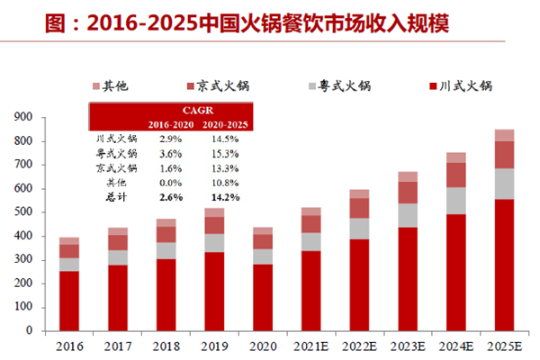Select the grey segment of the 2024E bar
(x=456, y=200)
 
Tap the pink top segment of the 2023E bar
(x=408, y=176)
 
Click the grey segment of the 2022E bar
(x=359, y=229)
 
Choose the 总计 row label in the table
(x=115, y=195)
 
